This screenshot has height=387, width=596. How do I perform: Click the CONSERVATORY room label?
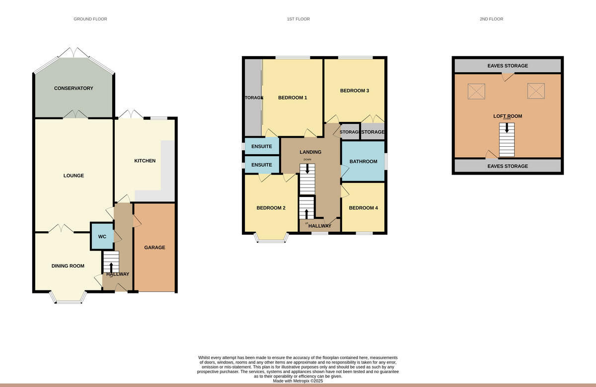74,89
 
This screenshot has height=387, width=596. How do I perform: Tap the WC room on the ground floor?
102,237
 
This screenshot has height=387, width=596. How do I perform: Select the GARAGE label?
154,247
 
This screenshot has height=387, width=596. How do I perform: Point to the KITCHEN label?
145,161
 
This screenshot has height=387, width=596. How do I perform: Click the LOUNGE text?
74,176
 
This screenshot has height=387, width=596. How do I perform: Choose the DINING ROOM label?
68,266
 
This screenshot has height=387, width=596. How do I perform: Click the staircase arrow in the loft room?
507,128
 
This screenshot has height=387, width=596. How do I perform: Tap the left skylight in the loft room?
477,91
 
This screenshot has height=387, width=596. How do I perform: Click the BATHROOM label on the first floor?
363,162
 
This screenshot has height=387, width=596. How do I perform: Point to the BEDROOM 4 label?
363,208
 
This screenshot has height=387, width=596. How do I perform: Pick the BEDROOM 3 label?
354,91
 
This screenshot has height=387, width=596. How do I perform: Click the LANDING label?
310,152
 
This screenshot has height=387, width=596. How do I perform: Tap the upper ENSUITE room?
262,146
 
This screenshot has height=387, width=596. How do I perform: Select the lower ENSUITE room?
262,165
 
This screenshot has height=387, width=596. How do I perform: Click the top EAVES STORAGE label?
507,66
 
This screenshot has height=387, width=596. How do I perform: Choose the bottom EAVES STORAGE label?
507,166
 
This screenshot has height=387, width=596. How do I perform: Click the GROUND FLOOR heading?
90,19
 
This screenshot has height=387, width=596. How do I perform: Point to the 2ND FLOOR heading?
491,19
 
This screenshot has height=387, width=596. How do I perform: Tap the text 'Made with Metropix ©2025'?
298,381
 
